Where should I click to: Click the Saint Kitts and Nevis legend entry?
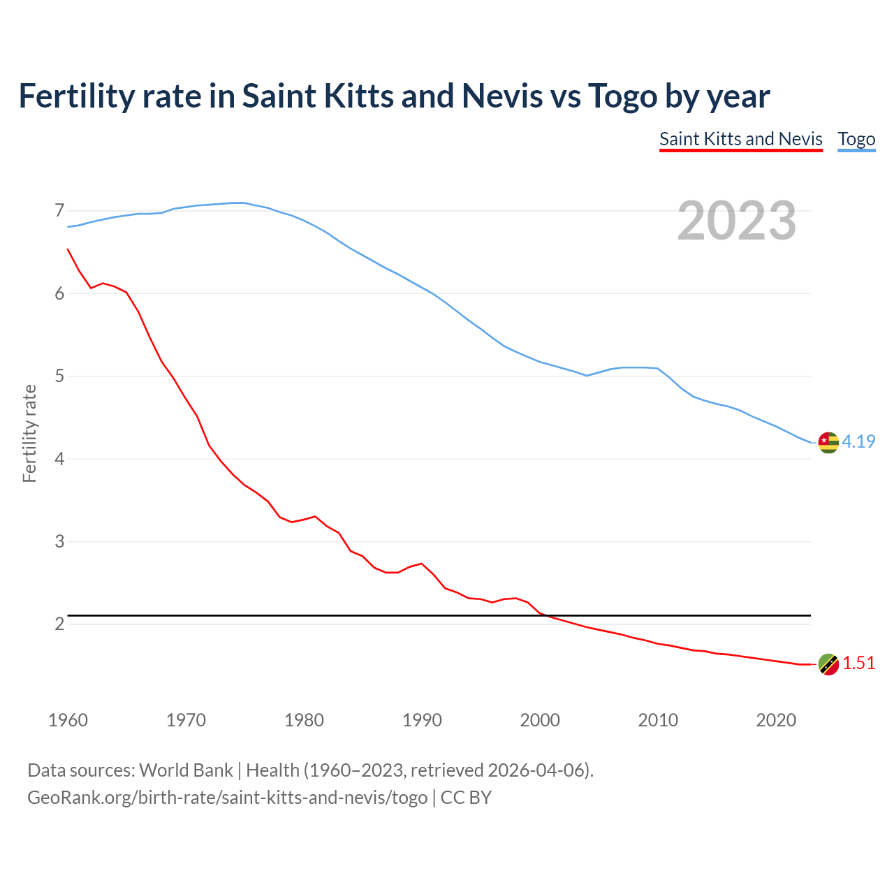[x=740, y=139]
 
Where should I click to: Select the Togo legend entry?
[x=856, y=139]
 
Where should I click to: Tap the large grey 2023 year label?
[x=737, y=221]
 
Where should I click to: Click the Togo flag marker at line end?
[x=828, y=442]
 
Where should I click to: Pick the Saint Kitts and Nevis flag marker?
[x=828, y=664]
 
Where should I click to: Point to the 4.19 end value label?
[x=858, y=441]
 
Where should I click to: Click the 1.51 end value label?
[x=858, y=664]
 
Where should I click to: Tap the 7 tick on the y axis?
[x=59, y=211]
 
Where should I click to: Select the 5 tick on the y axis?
[x=59, y=376]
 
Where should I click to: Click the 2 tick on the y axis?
[x=59, y=624]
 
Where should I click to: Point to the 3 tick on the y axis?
[x=59, y=541]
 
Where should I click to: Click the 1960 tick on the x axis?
[x=68, y=720]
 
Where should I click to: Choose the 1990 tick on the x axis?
[x=422, y=720]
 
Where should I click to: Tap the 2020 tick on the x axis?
[x=776, y=720]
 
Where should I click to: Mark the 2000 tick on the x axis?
[x=540, y=720]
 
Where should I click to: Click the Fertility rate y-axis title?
[x=29, y=433]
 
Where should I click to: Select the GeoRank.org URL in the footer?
[x=227, y=798]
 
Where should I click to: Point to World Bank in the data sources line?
[x=186, y=770]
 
